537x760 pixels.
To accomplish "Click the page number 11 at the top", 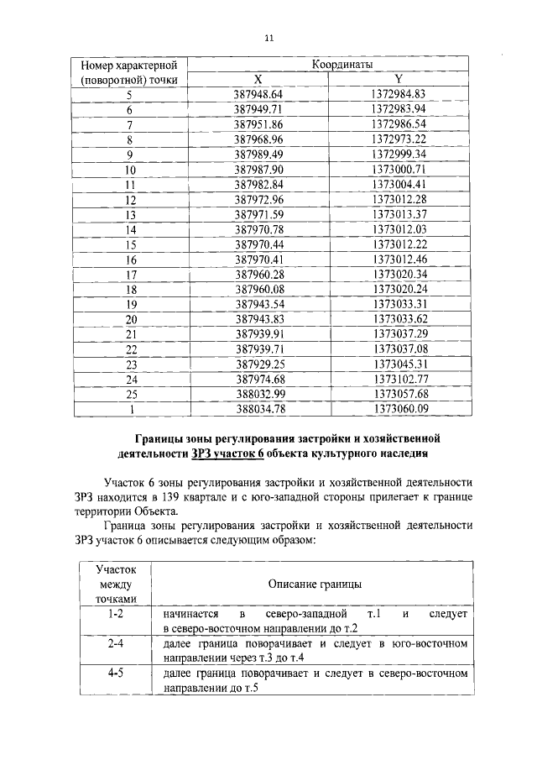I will [268, 38].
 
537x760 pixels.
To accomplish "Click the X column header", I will [258, 79].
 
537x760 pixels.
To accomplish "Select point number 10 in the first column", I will [130, 169].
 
